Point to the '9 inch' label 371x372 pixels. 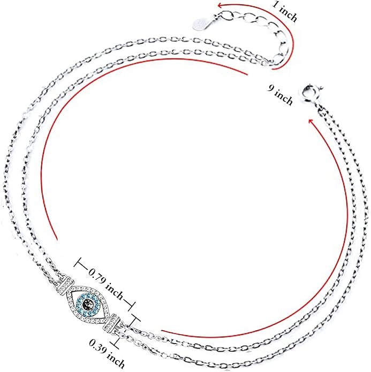pyautogui.click(x=281, y=95)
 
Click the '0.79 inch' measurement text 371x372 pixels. pyautogui.click(x=106, y=284)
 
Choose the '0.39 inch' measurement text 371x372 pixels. pyautogui.click(x=107, y=354)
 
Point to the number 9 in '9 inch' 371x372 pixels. pyautogui.click(x=271, y=88)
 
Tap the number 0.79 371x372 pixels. pyautogui.click(x=96, y=276)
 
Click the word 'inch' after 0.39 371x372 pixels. pyautogui.click(x=116, y=361)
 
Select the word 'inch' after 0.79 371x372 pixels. pyautogui.click(x=115, y=291)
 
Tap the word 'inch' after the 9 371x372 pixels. pyautogui.click(x=284, y=98)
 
